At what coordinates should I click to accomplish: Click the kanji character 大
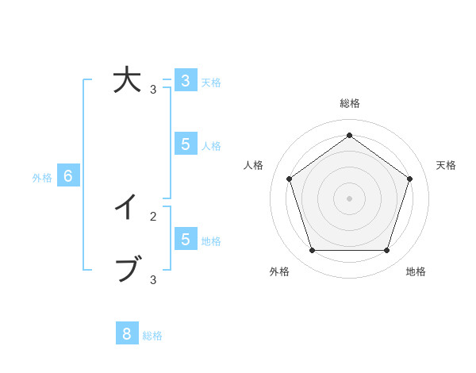pos(126,81)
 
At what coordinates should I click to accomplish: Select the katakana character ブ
pos(127,270)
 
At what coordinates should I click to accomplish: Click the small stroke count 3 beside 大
pos(153,90)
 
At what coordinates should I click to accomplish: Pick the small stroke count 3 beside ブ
pos(153,279)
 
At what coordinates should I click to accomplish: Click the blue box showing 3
pos(185,81)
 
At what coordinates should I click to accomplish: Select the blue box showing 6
pos(68,176)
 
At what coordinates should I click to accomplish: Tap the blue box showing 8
pos(127,334)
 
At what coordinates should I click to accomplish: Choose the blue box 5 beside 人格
pos(185,144)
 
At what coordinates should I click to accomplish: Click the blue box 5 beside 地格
pos(185,239)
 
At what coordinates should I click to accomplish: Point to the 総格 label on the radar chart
pos(350,103)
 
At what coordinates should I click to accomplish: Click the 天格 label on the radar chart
pos(446,165)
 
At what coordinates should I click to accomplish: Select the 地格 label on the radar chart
pos(416,271)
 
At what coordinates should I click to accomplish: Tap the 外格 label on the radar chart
pos(279,271)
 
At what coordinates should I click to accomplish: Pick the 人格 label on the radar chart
pos(253,165)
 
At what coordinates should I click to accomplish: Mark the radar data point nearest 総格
pos(350,135)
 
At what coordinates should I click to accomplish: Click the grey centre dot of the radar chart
pos(350,198)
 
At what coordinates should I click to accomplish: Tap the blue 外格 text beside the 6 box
pos(42,178)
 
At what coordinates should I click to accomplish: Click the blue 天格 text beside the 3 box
pos(211,82)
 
